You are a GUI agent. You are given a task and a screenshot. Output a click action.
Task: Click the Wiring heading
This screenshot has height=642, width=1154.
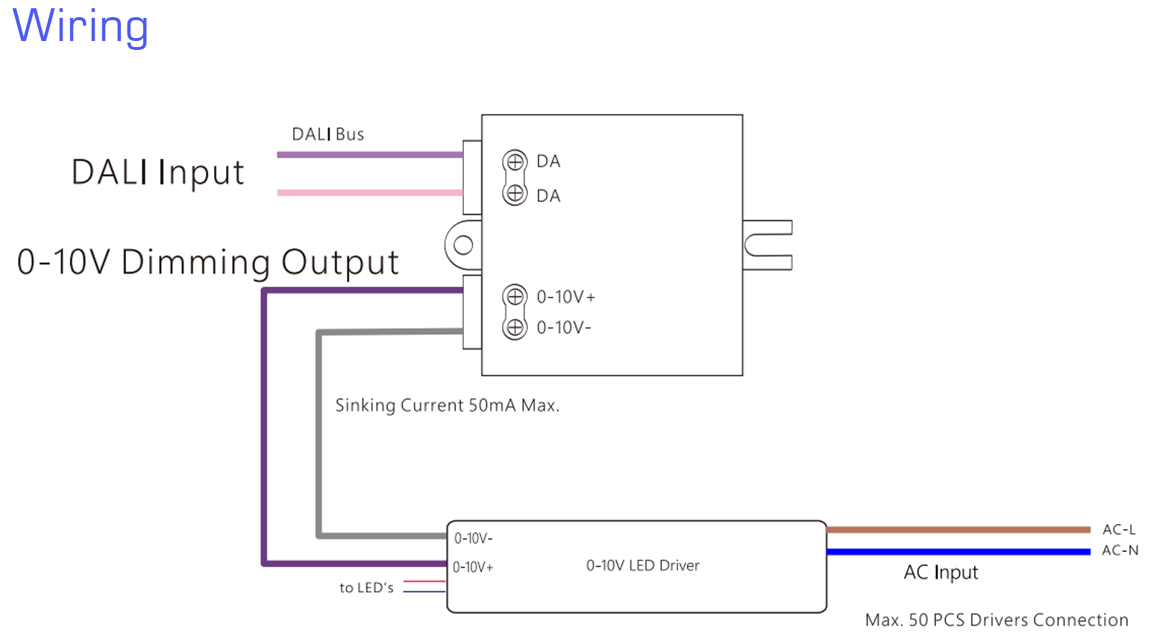(81, 26)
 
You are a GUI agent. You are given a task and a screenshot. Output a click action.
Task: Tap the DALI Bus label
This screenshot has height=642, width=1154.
(327, 134)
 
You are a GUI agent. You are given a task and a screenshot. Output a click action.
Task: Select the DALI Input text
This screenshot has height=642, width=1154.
(157, 172)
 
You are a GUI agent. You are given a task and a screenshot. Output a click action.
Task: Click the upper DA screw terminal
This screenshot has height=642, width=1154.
(515, 160)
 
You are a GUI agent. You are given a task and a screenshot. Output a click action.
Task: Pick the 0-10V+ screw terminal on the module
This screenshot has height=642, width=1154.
(515, 296)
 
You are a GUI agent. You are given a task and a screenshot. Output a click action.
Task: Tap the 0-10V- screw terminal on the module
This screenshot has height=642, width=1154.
(515, 327)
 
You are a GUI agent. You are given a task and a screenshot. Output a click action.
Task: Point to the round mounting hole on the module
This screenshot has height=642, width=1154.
(463, 245)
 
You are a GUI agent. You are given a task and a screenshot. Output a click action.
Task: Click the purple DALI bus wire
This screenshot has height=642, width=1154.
(369, 155)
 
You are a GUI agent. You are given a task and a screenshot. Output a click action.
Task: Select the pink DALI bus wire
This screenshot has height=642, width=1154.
(369, 192)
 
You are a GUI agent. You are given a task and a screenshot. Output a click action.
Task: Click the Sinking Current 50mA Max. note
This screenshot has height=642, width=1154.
(447, 406)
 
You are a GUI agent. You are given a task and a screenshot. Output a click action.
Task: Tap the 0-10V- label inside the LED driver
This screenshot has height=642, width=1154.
(473, 538)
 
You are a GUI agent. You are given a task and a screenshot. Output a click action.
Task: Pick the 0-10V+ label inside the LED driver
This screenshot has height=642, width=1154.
(473, 567)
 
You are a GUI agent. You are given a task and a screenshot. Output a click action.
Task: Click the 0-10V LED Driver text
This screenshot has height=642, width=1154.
(642, 566)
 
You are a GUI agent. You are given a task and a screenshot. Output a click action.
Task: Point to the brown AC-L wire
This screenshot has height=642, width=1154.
(959, 530)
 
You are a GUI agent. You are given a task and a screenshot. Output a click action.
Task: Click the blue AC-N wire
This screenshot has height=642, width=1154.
(959, 552)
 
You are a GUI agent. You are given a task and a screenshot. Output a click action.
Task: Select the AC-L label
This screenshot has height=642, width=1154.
(1119, 529)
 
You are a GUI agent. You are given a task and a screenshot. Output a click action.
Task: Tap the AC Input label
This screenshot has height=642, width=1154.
(941, 573)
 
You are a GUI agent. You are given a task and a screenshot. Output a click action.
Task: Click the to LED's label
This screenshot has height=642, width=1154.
(366, 588)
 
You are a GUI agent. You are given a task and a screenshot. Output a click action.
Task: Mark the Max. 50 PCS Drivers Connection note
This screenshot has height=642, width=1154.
(997, 620)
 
